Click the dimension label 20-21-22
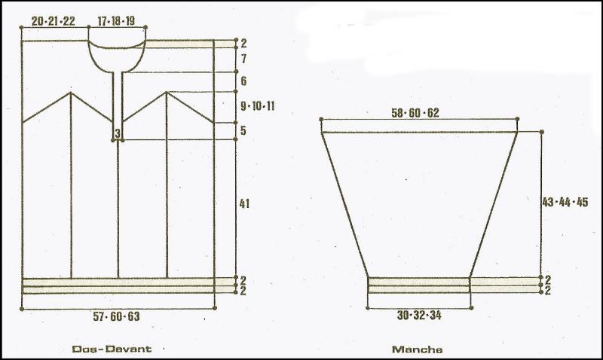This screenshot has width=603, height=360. click(53, 21)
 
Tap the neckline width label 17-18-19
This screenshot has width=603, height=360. click(116, 21)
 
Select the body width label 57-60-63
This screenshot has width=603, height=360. click(116, 316)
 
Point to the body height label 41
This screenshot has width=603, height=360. click(244, 203)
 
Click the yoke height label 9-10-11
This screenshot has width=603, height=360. click(258, 105)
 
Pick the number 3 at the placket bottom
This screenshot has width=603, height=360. click(118, 133)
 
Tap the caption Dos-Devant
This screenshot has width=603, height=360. click(112, 349)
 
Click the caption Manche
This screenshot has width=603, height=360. click(418, 349)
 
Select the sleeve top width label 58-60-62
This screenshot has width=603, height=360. click(415, 113)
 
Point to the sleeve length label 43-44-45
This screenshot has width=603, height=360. click(565, 202)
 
